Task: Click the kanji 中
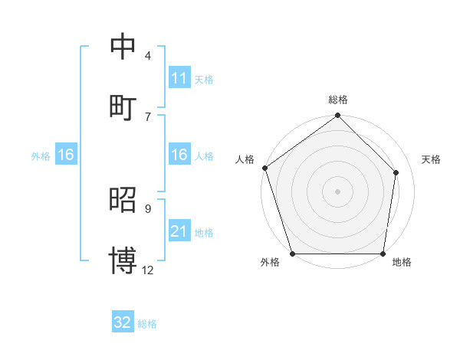click(123, 47)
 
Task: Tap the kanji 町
click(123, 106)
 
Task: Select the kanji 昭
click(123, 200)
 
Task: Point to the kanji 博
click(123, 260)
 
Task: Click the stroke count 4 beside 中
click(147, 56)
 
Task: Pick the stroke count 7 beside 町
click(147, 116)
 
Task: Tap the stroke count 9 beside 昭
click(147, 209)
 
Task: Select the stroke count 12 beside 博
click(148, 270)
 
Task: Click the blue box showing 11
click(179, 78)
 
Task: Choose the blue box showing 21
click(179, 232)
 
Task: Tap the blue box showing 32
click(123, 322)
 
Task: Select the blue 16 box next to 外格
click(66, 155)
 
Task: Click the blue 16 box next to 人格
click(179, 155)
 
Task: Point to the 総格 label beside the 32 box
click(147, 324)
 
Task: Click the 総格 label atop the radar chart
click(337, 100)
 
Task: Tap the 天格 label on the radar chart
click(431, 159)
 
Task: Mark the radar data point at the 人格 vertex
click(264, 168)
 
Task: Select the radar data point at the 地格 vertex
click(383, 254)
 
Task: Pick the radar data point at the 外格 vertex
click(292, 254)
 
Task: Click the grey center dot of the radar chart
click(337, 191)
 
